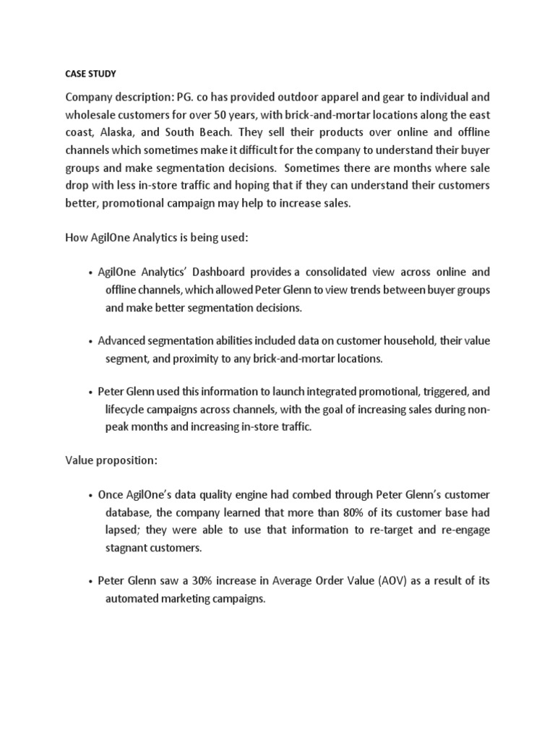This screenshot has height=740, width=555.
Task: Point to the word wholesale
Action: pyautogui.click(x=91, y=115)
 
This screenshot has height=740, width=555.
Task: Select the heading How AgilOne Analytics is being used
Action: pyautogui.click(x=157, y=238)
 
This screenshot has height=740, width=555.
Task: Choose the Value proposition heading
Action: pyautogui.click(x=111, y=460)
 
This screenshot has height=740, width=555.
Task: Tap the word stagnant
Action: pyautogui.click(x=128, y=548)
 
